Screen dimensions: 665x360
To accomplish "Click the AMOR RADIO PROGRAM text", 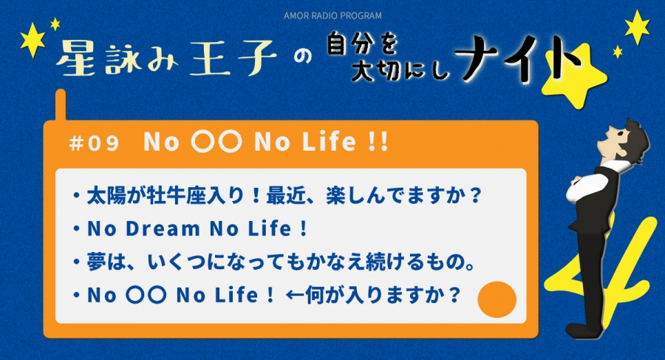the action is [x=332, y=16].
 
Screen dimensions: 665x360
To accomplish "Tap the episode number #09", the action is [x=94, y=143].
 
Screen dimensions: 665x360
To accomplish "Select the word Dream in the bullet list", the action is [x=163, y=229].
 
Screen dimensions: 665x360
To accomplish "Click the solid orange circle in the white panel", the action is [x=497, y=299].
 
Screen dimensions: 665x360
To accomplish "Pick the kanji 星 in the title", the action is [x=75, y=58].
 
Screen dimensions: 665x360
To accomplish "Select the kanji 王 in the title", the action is [x=210, y=58].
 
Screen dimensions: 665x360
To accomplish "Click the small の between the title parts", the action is [x=303, y=57].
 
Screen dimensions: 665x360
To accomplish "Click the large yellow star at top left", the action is [x=33, y=39].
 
